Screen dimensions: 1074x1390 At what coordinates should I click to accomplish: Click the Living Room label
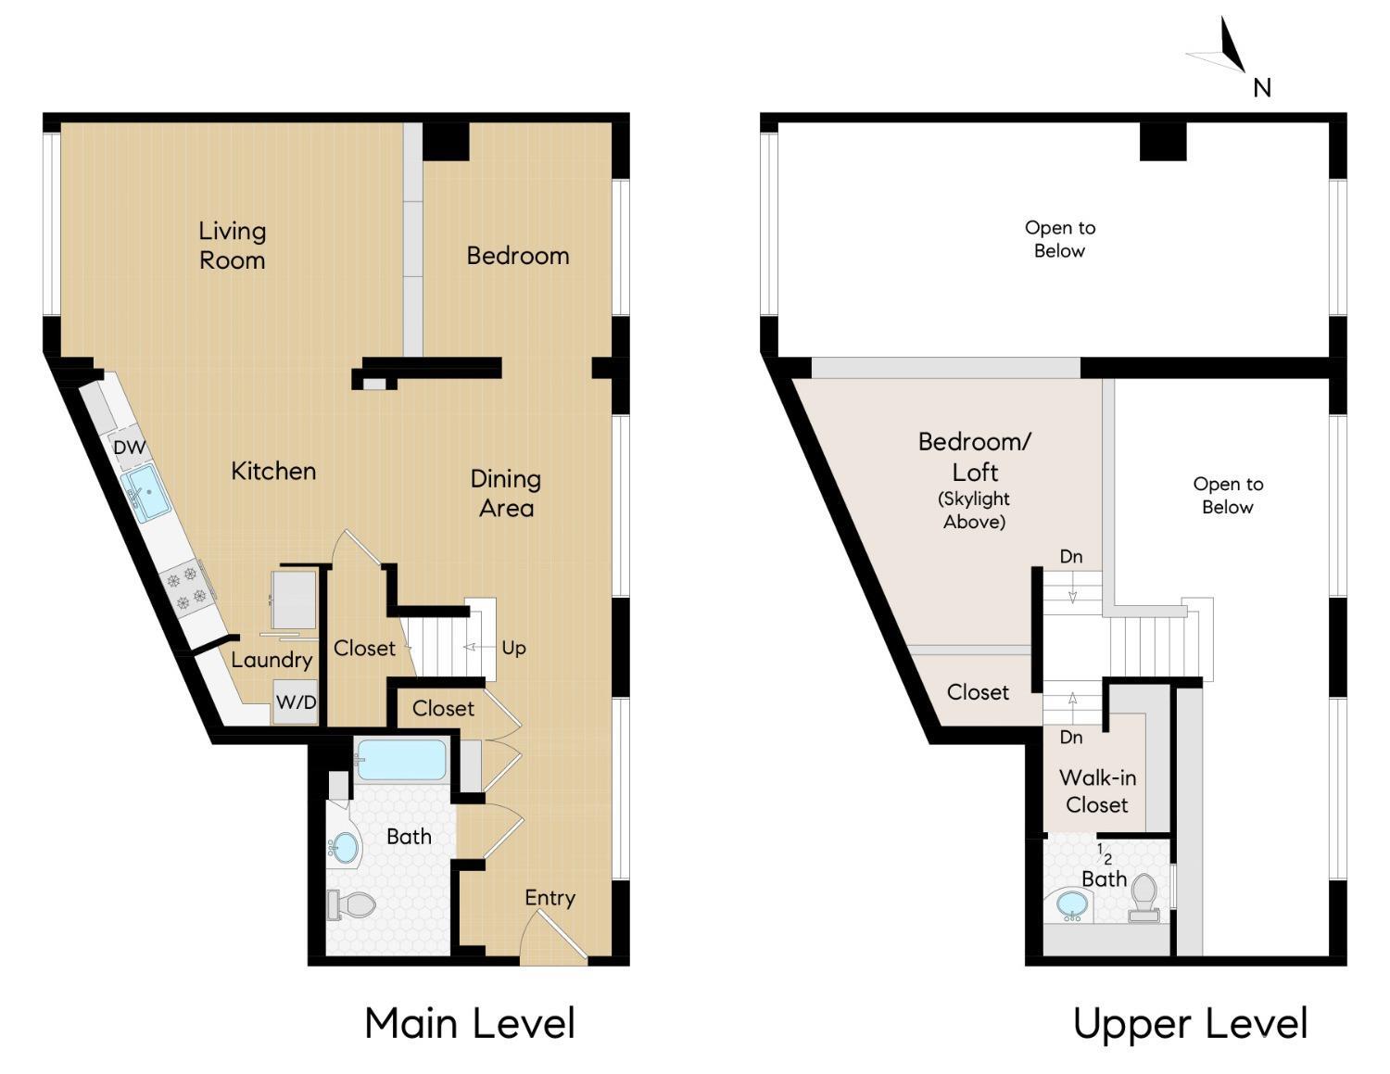[232, 246]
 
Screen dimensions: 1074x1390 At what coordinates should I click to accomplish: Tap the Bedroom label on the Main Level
[517, 256]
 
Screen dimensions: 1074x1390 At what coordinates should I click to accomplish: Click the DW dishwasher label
[130, 448]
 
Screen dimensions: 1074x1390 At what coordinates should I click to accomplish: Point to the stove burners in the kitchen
[184, 588]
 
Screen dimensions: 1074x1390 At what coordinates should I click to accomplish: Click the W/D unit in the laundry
[296, 702]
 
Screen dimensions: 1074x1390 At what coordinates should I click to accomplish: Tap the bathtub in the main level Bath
[401, 760]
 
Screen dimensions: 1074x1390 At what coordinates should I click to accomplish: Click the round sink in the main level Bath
[345, 847]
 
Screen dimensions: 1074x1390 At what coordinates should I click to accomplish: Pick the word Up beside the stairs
[513, 648]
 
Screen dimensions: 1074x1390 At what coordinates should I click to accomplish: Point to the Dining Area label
[505, 493]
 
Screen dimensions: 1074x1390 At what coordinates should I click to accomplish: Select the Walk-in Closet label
[1097, 791]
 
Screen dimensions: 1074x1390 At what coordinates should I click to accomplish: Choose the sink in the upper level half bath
[1072, 903]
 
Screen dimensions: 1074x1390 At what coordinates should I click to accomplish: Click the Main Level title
[470, 1023]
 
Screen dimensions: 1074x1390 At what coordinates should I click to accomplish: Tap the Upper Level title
[1190, 1023]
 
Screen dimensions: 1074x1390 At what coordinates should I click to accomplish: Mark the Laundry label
[272, 660]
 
